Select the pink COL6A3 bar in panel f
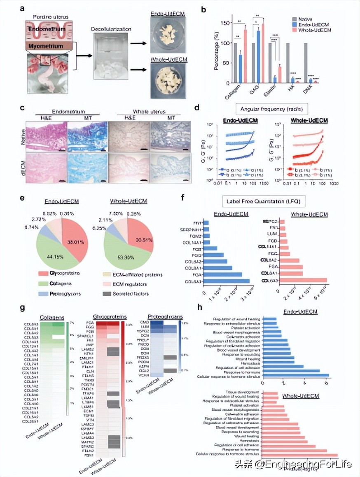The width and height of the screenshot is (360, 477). pyautogui.click(x=303, y=281)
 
